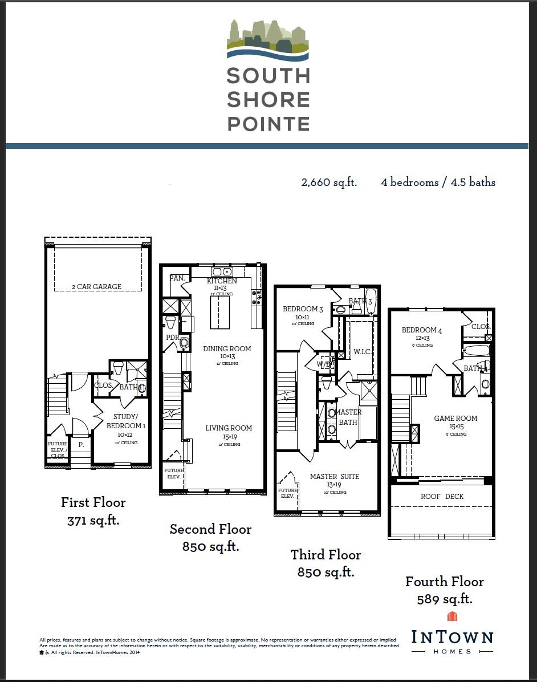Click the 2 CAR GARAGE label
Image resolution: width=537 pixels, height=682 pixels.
(x=96, y=287)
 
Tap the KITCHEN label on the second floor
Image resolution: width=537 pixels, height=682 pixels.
(x=222, y=281)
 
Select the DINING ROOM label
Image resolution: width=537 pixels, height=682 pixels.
(x=227, y=349)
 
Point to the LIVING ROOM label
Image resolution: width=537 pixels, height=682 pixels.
(x=229, y=428)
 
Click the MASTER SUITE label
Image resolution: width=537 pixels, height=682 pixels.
(x=335, y=477)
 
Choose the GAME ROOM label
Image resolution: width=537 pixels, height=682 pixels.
(x=455, y=419)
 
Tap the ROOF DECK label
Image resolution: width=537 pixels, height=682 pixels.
(x=442, y=497)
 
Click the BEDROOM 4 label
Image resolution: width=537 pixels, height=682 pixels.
(x=422, y=330)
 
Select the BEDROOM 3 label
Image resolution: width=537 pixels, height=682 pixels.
(x=303, y=310)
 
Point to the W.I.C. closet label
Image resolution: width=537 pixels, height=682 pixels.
(x=363, y=352)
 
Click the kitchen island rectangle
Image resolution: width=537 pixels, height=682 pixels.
(x=220, y=312)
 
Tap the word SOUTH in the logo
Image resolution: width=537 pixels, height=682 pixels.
(x=268, y=76)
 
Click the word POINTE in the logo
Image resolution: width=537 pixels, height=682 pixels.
(x=268, y=124)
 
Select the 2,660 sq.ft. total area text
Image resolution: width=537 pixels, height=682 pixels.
(x=329, y=182)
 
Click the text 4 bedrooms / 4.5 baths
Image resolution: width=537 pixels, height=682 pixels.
(x=438, y=182)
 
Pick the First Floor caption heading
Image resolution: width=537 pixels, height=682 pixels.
(x=93, y=502)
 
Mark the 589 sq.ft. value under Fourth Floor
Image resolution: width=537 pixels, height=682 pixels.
(x=444, y=599)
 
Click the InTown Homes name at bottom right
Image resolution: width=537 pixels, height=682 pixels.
(x=452, y=638)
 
